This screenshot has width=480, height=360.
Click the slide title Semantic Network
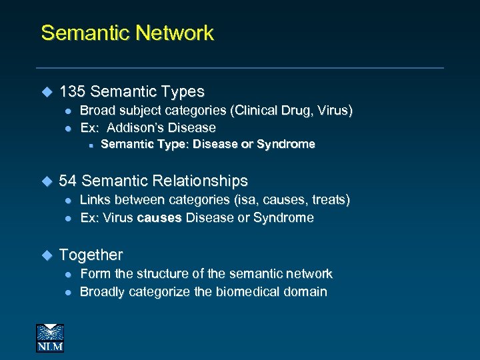click(x=127, y=33)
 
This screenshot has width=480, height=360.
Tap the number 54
click(x=68, y=181)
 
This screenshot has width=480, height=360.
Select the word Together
click(x=91, y=255)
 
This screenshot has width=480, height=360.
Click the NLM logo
click(x=50, y=337)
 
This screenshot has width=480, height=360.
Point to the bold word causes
click(x=159, y=218)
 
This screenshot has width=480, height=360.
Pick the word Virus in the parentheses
click(x=333, y=110)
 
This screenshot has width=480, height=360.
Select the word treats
click(x=328, y=199)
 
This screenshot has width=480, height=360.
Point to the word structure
click(x=153, y=273)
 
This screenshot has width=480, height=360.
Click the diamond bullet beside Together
click(x=47, y=255)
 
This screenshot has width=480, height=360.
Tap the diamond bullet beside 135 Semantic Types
click(x=47, y=91)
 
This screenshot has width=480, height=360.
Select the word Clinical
click(x=254, y=110)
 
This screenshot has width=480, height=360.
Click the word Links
click(x=95, y=199)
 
